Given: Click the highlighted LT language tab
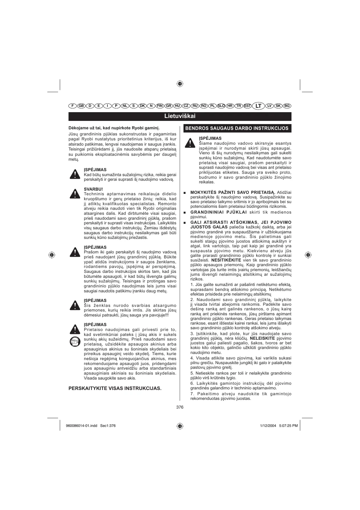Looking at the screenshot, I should click(258, 106).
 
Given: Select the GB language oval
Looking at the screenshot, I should click(81, 106).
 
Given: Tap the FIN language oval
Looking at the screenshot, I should click(160, 106).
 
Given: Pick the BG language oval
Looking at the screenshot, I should click(287, 106).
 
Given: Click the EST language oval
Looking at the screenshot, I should click(247, 106).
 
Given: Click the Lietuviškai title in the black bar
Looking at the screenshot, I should click(180, 116).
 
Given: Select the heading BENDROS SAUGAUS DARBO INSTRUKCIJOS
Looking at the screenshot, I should click(237, 128).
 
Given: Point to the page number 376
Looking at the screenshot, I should click(180, 407).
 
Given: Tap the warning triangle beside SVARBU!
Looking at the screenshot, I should click(75, 194).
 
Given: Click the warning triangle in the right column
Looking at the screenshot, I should click(190, 143).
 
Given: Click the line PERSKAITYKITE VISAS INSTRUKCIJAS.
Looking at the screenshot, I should click(115, 388).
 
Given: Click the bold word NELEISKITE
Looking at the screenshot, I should click(262, 338).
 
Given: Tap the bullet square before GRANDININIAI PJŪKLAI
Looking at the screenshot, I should click(185, 212).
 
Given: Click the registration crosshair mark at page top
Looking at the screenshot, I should click(180, 84).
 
